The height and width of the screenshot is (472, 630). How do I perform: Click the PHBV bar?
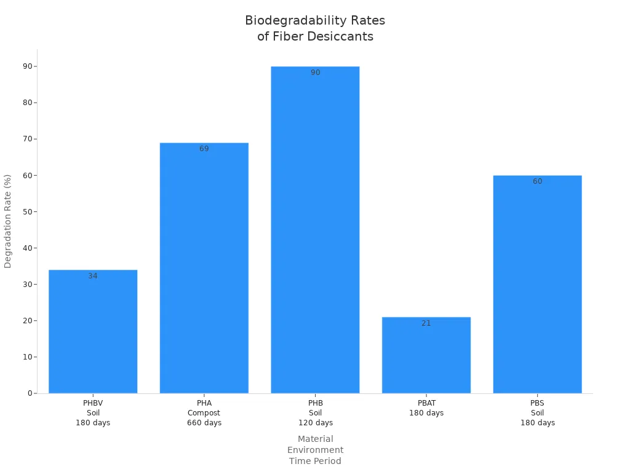click(x=93, y=332)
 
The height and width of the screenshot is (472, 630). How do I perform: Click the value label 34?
click(x=93, y=276)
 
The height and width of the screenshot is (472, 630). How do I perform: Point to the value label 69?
click(x=204, y=149)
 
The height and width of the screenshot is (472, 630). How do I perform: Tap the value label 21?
click(x=426, y=323)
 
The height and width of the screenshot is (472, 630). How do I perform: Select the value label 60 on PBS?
click(x=537, y=181)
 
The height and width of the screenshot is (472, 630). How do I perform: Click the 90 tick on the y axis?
click(x=28, y=66)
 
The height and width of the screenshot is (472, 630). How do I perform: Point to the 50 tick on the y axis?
click(x=28, y=211)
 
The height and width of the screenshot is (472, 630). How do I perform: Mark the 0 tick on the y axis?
click(x=30, y=393)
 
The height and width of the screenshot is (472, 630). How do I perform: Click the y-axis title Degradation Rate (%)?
click(x=8, y=221)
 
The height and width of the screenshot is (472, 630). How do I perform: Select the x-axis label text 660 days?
click(x=204, y=423)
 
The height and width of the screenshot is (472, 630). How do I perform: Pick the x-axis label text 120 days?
click(x=315, y=423)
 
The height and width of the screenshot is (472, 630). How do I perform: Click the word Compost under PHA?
click(x=204, y=413)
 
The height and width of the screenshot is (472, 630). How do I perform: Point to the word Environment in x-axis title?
click(x=315, y=450)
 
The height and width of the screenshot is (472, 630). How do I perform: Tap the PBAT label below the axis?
click(x=426, y=403)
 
